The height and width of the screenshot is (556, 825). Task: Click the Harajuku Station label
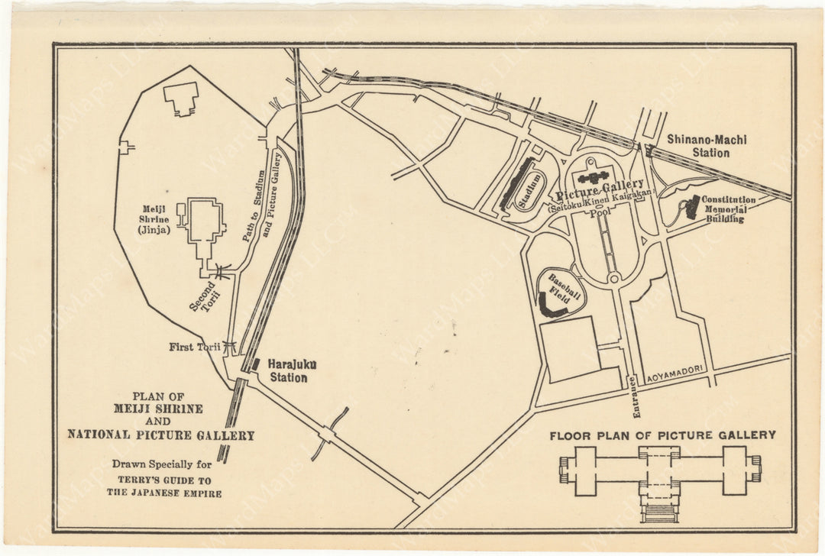(x=287, y=371)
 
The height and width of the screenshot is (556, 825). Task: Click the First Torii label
(x=195, y=347)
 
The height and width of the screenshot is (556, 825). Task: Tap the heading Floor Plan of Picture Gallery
(x=662, y=435)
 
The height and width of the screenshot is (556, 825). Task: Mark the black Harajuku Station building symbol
(x=257, y=365)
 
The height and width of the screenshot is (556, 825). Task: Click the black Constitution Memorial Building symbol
(x=692, y=207)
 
